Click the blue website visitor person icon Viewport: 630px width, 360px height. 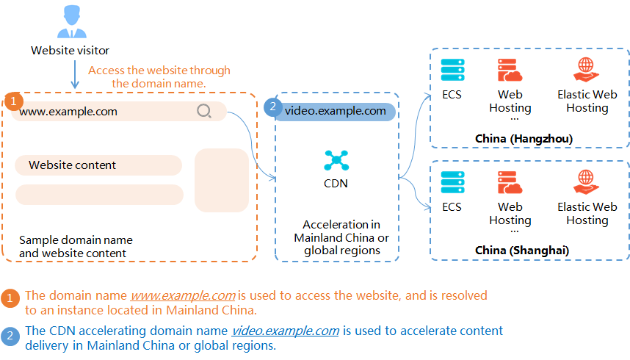72,22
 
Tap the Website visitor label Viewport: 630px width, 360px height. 70,51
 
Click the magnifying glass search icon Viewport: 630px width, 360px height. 204,111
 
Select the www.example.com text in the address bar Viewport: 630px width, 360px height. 68,112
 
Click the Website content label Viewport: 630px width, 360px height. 72,165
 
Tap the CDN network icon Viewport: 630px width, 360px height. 336,160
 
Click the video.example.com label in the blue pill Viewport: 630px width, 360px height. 336,111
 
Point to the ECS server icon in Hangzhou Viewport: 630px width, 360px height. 453,70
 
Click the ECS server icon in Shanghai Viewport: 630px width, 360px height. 453,182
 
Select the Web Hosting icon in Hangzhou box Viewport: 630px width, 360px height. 510,71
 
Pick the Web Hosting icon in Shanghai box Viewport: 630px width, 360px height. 510,183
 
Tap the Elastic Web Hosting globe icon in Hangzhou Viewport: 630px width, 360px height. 586,70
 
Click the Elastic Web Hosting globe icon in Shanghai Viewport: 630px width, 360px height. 586,181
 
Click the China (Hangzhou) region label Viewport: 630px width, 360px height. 524,139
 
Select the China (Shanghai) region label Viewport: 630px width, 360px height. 522,251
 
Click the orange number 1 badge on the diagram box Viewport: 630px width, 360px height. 14,101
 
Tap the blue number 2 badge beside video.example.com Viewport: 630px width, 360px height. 273,107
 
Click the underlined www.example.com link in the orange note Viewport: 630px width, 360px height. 183,295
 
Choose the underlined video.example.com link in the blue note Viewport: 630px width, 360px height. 286,331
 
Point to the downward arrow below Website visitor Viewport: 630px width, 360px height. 75,75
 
